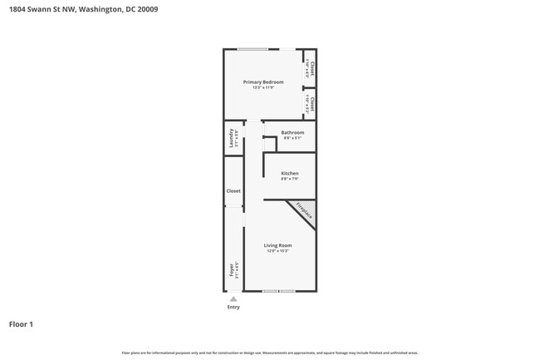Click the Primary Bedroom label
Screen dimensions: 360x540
click(x=263, y=82)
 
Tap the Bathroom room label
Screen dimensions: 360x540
click(x=292, y=133)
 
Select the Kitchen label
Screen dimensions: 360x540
click(x=289, y=174)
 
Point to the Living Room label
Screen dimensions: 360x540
click(x=277, y=245)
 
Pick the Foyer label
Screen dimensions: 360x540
click(x=232, y=270)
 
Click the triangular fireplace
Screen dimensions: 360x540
click(x=304, y=213)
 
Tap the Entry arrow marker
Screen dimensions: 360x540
click(x=233, y=298)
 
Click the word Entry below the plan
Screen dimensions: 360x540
click(x=233, y=308)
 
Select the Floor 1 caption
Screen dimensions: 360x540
click(x=22, y=324)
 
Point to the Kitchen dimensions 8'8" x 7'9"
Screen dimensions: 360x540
click(x=289, y=179)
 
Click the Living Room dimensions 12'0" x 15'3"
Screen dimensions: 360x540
click(x=277, y=251)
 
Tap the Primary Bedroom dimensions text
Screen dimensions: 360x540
click(x=263, y=87)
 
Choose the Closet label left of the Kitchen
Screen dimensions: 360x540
click(x=233, y=191)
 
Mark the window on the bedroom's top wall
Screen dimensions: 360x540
click(x=253, y=49)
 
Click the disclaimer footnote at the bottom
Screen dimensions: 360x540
click(x=270, y=353)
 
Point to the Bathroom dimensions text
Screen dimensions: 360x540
click(x=292, y=138)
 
